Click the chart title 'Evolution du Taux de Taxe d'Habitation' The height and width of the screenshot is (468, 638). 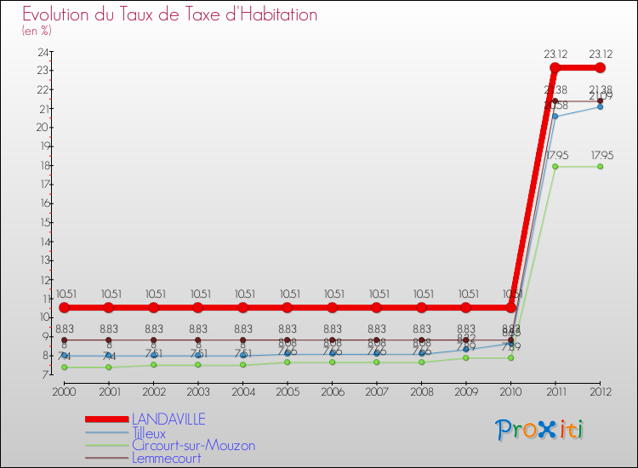[170, 14]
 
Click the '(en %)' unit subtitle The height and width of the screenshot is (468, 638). [37, 31]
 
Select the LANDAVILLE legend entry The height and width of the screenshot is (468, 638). [168, 419]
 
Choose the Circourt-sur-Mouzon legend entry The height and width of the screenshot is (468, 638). [193, 445]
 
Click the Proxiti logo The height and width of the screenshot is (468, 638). [540, 430]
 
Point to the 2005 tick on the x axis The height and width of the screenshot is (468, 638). [288, 391]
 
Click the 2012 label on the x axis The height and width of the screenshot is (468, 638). [600, 391]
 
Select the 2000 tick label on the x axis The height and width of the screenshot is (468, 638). [64, 391]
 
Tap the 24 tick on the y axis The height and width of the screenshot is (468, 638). [43, 52]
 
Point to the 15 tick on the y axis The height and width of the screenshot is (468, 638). [43, 222]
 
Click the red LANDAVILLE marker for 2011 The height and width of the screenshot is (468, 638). [555, 67]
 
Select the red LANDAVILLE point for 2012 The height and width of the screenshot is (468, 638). [600, 67]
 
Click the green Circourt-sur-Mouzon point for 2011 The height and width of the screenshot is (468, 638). [555, 167]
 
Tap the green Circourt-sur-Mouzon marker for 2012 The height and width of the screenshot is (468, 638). [600, 167]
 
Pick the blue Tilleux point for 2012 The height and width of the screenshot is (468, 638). [600, 107]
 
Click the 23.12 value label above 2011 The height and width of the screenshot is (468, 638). [555, 53]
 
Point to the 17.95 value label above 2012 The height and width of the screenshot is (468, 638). [600, 155]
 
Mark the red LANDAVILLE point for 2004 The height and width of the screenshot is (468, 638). [242, 307]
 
